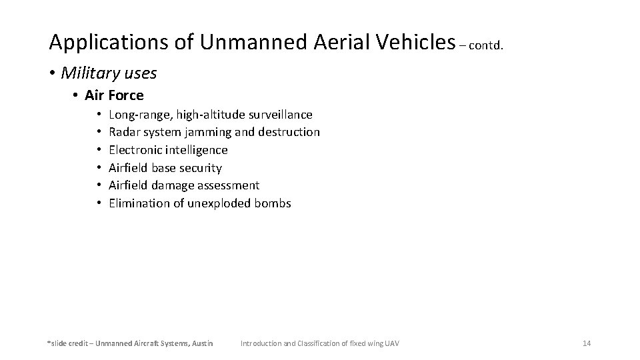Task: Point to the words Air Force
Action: (x=114, y=95)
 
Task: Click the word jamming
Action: (x=209, y=133)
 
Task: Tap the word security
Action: (x=200, y=168)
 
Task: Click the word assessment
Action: (x=229, y=185)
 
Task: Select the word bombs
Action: (x=273, y=203)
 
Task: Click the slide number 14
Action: (x=587, y=343)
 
